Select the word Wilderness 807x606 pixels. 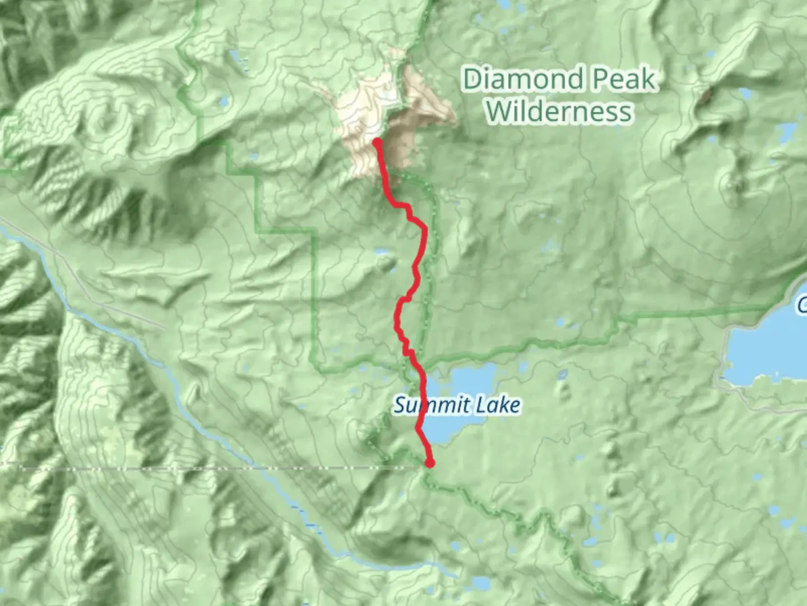coord(559,111)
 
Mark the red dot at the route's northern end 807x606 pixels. coord(378,143)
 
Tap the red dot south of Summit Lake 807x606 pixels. coord(430,463)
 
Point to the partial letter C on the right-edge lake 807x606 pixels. coord(802,306)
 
